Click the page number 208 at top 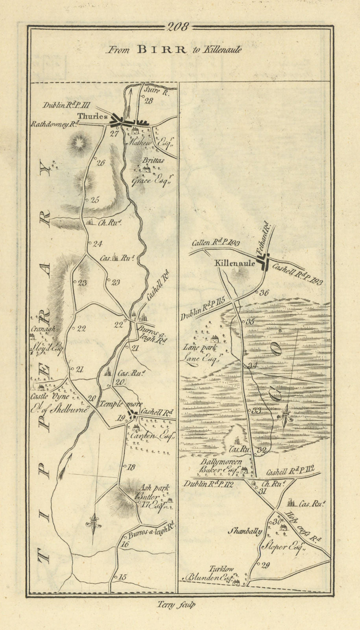178,27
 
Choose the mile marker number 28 148,101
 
